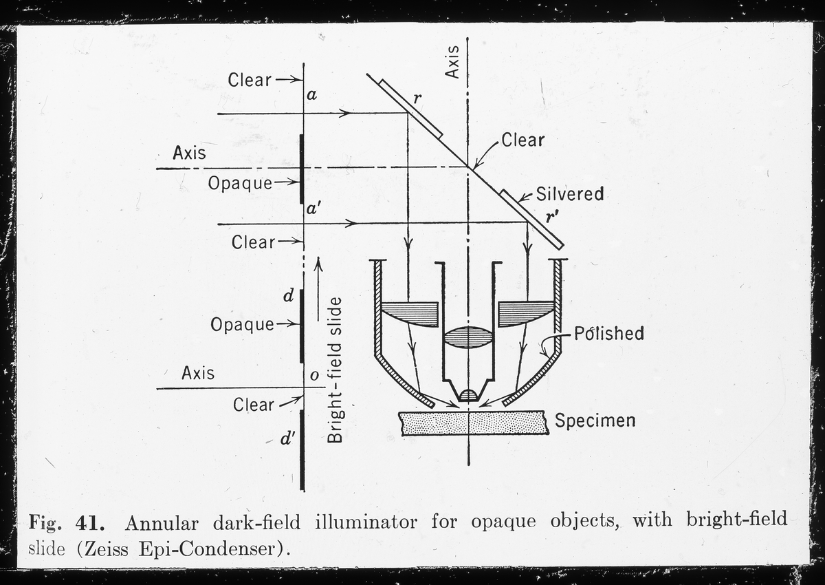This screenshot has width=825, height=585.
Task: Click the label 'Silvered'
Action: click(570, 194)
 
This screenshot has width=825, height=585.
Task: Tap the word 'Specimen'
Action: click(595, 420)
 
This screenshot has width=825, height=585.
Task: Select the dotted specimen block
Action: click(474, 423)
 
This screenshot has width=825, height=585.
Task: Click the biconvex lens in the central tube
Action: click(467, 338)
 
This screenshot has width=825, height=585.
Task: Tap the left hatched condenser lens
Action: click(410, 314)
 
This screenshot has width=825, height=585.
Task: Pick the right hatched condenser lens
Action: click(526, 314)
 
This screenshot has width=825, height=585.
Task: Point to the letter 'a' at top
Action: click(311, 96)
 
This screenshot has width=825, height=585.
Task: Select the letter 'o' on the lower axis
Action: click(314, 376)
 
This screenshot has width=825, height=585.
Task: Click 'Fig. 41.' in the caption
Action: click(67, 522)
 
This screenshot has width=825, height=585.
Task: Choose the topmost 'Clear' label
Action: click(250, 80)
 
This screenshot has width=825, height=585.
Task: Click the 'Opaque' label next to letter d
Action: click(242, 324)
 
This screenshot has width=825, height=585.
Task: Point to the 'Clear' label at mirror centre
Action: click(522, 140)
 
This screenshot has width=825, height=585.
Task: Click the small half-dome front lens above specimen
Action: click(467, 395)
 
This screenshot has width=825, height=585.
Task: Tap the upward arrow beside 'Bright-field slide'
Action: click(318, 289)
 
